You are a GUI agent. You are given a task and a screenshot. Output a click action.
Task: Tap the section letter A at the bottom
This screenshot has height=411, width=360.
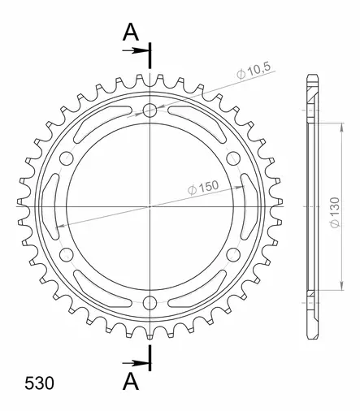130,381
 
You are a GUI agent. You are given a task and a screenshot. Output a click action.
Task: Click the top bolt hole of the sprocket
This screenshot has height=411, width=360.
150,110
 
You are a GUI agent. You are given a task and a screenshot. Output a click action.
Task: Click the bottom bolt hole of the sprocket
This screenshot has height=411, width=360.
150,302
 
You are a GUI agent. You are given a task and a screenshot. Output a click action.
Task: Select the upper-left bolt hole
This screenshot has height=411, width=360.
67,158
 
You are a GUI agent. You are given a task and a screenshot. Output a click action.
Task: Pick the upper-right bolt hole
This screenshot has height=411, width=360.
233,158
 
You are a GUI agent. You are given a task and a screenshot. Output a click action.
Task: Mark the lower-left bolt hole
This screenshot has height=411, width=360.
67,254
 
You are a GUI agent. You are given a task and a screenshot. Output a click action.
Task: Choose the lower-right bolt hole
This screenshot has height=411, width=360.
233,254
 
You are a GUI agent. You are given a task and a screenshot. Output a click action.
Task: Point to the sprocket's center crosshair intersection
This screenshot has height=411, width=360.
150,206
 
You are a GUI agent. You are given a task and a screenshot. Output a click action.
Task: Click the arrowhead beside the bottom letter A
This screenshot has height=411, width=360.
141,362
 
